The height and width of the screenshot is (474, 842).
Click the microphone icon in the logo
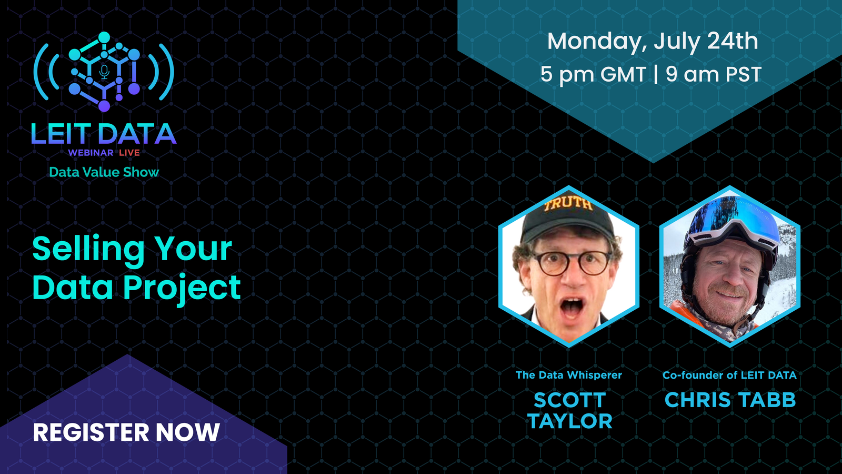pos(105,72)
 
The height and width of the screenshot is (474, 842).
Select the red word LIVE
pos(129,153)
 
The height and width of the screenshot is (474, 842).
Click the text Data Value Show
pos(104,172)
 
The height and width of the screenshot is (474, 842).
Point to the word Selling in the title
pos(88,250)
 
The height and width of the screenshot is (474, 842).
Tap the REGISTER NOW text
pos(126,432)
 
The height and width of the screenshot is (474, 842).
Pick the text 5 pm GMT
pos(593,74)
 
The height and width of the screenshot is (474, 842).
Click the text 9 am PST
pos(714,74)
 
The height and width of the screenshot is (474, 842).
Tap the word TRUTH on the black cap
pos(568,204)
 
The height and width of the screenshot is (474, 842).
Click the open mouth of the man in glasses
pos(572,309)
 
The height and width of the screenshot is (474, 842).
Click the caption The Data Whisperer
pos(569,375)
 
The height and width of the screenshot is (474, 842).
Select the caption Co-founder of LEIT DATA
pos(729,375)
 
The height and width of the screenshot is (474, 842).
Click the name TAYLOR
pos(570,421)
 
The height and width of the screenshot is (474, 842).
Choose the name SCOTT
pos(569,400)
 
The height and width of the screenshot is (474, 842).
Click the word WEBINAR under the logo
pos(91,153)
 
